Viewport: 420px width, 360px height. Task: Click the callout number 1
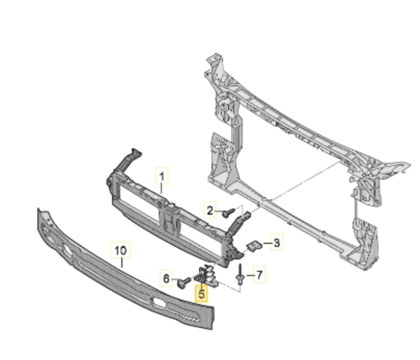(x=162, y=176)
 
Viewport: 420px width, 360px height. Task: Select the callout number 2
(x=210, y=210)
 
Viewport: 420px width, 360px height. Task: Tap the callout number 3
(x=277, y=242)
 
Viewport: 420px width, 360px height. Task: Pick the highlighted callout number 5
(x=201, y=294)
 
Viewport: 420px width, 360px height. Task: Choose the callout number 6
(x=166, y=279)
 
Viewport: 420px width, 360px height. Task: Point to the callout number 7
(x=259, y=274)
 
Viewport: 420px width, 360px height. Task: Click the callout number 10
(x=120, y=251)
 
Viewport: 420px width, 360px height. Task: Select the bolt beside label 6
(x=184, y=283)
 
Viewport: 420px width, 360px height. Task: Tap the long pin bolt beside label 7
(x=240, y=275)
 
